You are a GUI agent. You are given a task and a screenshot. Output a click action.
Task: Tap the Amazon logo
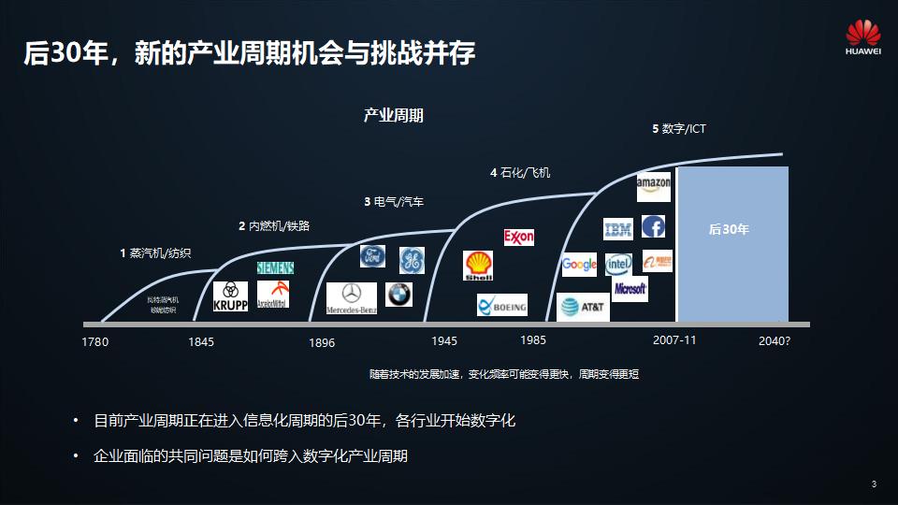653,185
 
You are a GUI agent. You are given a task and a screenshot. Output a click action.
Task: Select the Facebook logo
653,227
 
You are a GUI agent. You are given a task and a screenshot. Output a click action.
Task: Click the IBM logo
618,228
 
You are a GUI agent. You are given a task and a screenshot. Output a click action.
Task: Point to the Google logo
579,265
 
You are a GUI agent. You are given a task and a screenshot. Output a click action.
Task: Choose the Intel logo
618,264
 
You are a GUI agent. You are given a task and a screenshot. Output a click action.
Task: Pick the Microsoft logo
630,289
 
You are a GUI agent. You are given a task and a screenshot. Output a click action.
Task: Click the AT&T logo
583,306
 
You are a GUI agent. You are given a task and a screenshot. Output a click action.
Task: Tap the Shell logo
478,266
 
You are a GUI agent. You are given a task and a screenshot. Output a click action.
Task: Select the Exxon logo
518,237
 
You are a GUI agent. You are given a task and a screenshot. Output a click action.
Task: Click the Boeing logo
502,306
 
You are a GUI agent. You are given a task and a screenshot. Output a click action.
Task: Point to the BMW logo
399,294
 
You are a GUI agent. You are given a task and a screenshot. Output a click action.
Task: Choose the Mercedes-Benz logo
351,297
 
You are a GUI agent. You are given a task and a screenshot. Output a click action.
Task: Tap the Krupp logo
230,296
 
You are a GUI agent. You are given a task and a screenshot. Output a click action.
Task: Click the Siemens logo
275,268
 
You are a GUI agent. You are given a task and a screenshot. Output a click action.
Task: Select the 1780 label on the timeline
95,342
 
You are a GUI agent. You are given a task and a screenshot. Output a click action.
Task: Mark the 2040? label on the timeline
775,341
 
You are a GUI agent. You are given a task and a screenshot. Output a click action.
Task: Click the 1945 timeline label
444,340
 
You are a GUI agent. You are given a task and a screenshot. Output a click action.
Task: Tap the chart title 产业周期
394,116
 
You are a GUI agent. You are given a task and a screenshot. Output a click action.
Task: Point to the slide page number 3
873,484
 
